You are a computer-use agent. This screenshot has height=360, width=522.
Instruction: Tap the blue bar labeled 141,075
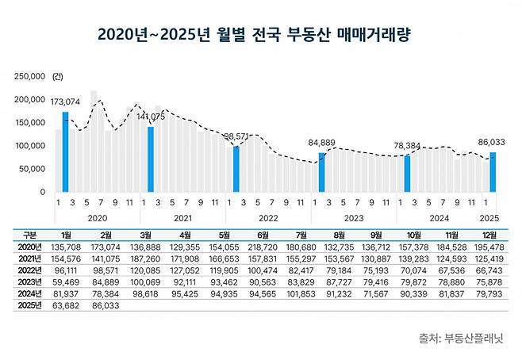point(151,159)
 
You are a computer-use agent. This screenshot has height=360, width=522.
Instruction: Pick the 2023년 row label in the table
point(30,280)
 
